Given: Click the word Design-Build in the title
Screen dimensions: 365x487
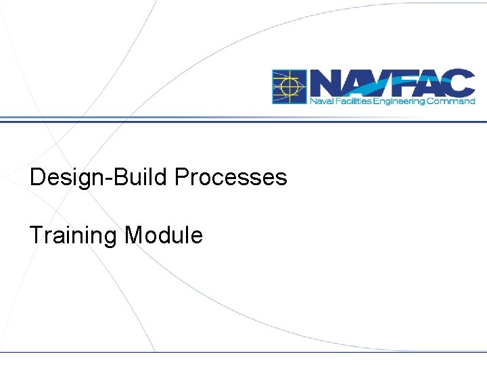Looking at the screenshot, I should pyautogui.click(x=99, y=178).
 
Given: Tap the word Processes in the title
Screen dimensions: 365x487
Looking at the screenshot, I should pyautogui.click(x=231, y=178).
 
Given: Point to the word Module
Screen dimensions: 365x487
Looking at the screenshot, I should pyautogui.click(x=164, y=236).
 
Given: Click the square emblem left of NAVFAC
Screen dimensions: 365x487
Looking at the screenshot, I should pyautogui.click(x=289, y=87).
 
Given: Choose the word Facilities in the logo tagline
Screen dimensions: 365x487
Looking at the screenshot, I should pyautogui.click(x=347, y=101).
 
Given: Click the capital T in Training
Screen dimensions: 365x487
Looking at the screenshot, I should pyautogui.click(x=35, y=236).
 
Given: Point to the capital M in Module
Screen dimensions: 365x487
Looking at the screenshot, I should pyautogui.click(x=134, y=236).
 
